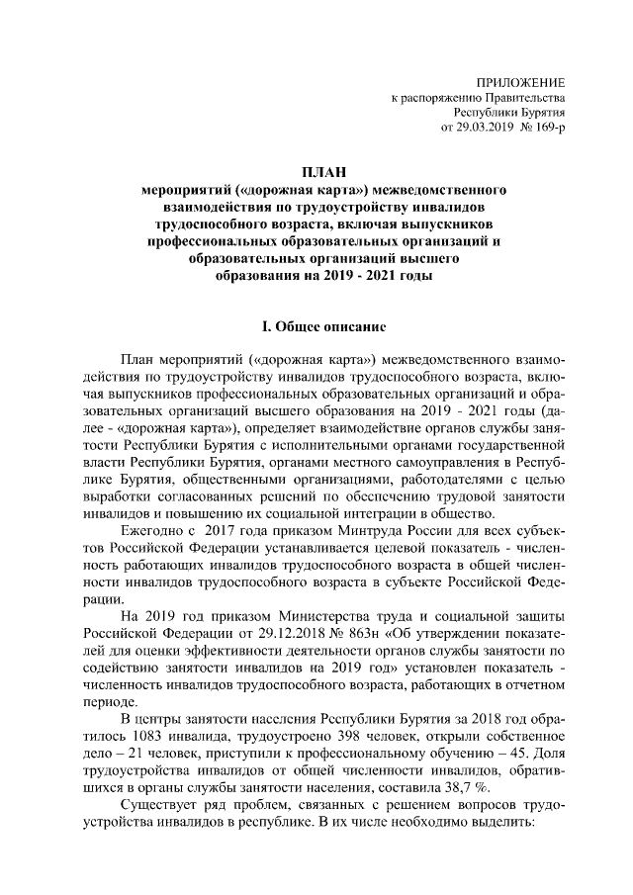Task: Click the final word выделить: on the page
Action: [x=501, y=828]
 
